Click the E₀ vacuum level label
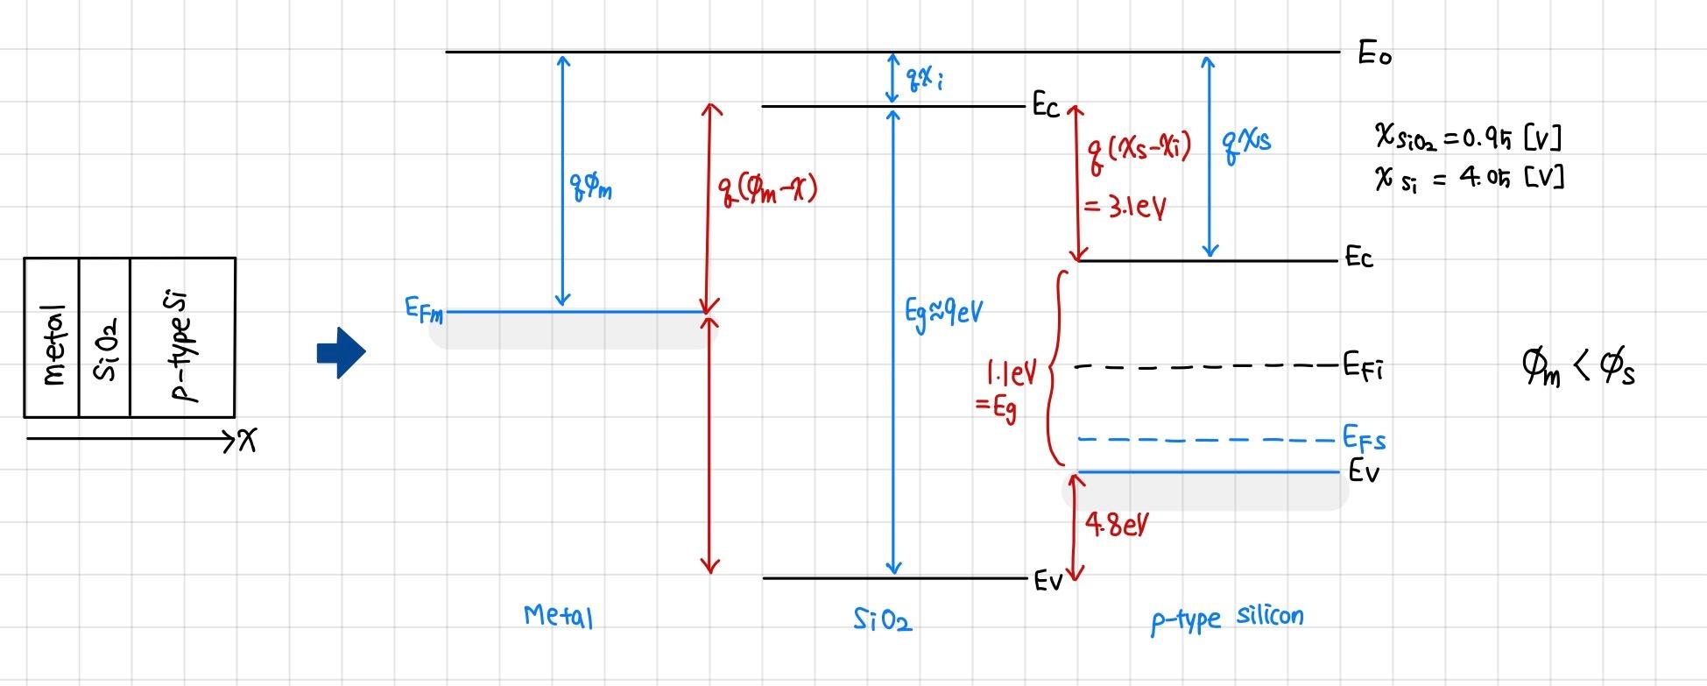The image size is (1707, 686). coord(1374,54)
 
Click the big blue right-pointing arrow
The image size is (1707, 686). coord(341,352)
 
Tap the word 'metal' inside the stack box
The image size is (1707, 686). coord(54,344)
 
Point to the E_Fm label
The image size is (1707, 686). coord(424,310)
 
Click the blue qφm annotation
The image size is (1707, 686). coord(592,186)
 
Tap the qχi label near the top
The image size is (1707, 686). coord(925,80)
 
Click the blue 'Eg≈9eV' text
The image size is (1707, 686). coord(943,312)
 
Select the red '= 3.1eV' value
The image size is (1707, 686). coord(1125,209)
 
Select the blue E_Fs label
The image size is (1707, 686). coord(1365,438)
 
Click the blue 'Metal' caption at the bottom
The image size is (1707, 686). coord(559,616)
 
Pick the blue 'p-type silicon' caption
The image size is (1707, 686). coord(1226,618)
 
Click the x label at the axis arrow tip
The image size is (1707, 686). coord(248,442)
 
